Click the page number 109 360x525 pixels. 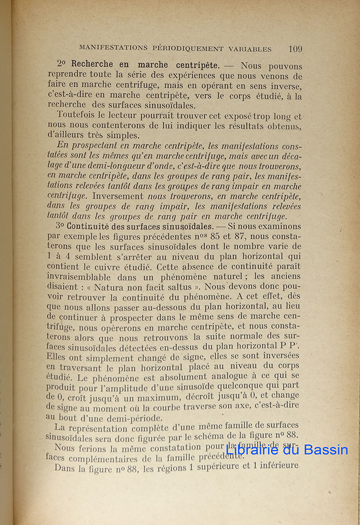click(x=295, y=49)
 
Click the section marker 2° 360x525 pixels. click(x=62, y=66)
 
